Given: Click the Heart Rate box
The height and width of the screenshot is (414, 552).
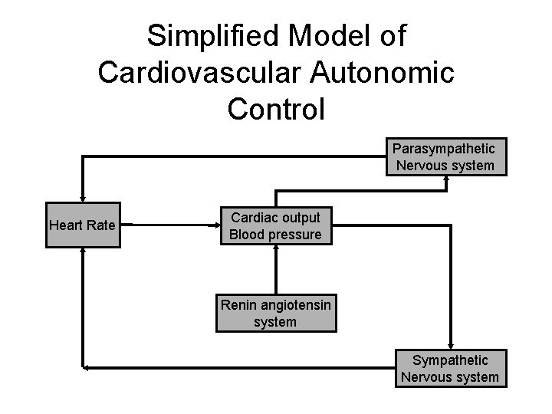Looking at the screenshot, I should pos(83,225).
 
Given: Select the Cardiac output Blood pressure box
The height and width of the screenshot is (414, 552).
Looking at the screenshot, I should pos(275,225).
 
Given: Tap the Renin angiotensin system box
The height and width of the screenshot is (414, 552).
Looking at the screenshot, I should pos(275,314).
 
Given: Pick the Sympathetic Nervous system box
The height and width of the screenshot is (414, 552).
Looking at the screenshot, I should pos(449,368).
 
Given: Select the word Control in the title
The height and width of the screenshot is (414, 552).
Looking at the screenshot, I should pos(276,108).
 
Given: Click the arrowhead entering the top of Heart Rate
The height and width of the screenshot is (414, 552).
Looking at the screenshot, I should pos(83,198).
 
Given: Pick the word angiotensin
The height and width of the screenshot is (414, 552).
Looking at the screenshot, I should pos(295,305).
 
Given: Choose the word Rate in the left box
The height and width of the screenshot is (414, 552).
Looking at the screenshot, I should pos(100,225).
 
